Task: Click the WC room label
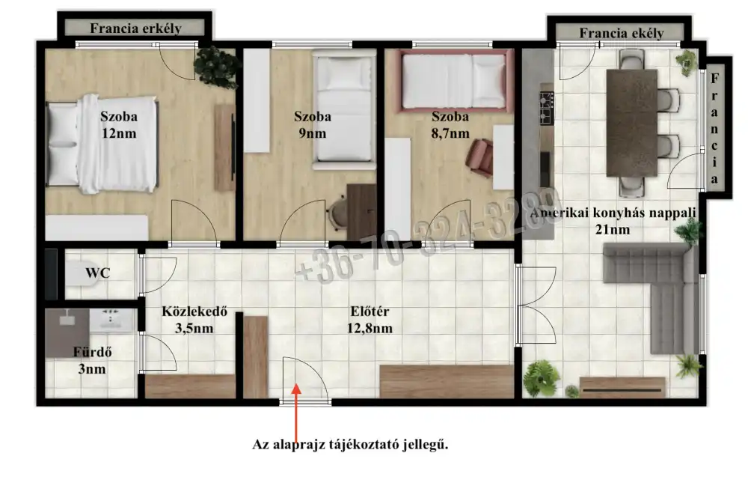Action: pos(98,273)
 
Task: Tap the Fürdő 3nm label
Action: pos(92,360)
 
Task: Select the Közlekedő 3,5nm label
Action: pos(194,320)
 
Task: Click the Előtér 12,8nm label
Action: pos(370,320)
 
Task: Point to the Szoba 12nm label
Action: pos(119,124)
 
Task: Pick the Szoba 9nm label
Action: pos(313,124)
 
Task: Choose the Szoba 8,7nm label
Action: pos(450,124)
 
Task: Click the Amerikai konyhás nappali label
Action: pos(613,213)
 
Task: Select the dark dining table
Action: pos(632,123)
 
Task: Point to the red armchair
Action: pos(479,158)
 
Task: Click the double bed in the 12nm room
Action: pos(102,144)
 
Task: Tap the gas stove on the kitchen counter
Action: pos(547,107)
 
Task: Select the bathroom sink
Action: pos(111,319)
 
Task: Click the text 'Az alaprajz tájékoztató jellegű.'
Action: pos(350,445)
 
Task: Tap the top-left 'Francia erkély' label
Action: pos(136,28)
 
